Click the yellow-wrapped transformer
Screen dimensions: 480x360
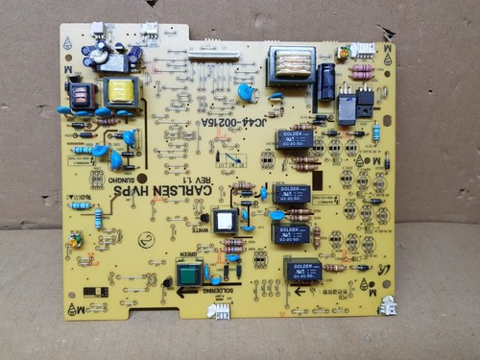tap(122, 92)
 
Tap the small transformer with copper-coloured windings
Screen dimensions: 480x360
tap(82, 95)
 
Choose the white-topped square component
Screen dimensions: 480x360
tap(226, 222)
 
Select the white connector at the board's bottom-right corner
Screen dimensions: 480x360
tap(387, 306)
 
